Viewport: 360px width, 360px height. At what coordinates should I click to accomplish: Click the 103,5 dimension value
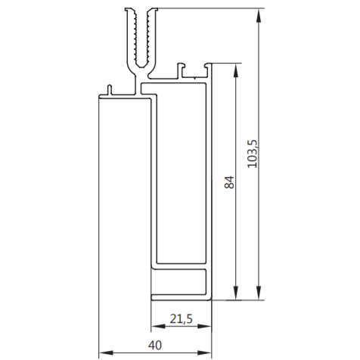[x=253, y=154]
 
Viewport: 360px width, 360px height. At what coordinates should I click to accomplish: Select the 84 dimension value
[x=229, y=182]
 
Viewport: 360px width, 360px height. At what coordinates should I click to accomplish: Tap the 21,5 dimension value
[x=181, y=319]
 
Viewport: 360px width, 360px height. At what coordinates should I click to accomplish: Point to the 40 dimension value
[x=155, y=345]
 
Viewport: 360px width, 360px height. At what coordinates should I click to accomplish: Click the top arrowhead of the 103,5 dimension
[x=259, y=16]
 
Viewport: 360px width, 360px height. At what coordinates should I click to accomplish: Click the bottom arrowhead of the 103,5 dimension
[x=259, y=293]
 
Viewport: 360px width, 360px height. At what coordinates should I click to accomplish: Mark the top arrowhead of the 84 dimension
[x=236, y=70]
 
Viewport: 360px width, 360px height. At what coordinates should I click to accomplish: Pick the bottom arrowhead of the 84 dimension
[x=236, y=293]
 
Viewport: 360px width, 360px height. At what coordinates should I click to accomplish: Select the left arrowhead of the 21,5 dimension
[x=158, y=326]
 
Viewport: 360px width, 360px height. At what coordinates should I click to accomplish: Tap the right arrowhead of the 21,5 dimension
[x=204, y=326]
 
